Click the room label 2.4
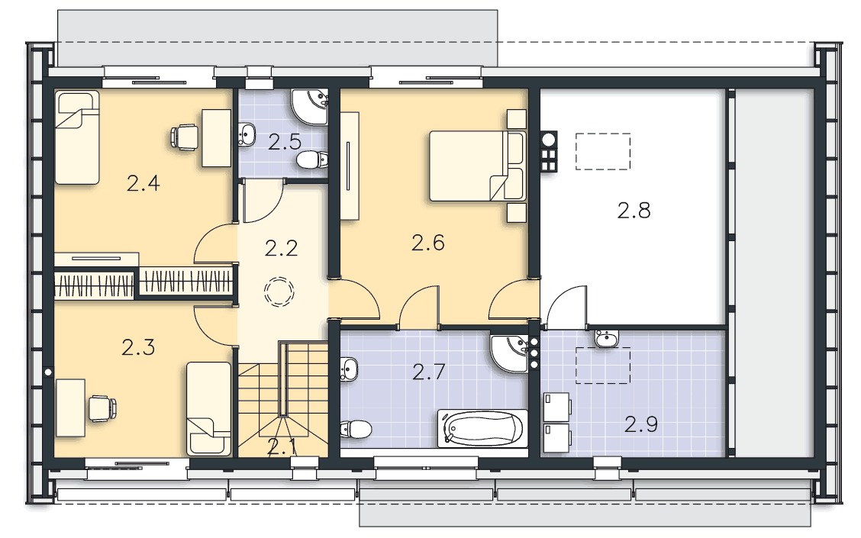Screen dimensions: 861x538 click(143, 183)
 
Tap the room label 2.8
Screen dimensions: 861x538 click(634, 211)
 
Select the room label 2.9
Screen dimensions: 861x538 click(641, 424)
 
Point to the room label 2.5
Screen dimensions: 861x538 click(285, 142)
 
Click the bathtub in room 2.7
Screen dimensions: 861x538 click(482, 427)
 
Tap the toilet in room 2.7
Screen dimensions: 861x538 click(356, 430)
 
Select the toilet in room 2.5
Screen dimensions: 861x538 click(312, 159)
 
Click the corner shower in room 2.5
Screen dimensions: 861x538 click(309, 107)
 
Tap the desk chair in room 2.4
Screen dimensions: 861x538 click(185, 137)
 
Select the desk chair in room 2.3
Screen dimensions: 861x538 click(103, 408)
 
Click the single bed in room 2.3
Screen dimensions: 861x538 click(208, 408)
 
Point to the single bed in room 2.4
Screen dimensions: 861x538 click(77, 138)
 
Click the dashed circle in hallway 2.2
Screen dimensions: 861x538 click(279, 292)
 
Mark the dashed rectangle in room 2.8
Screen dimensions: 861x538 click(602, 152)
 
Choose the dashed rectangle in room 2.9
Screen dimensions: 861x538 click(602, 365)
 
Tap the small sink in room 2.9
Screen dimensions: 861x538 click(607, 338)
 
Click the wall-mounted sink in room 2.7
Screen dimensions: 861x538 click(349, 369)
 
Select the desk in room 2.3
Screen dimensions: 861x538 click(70, 408)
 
